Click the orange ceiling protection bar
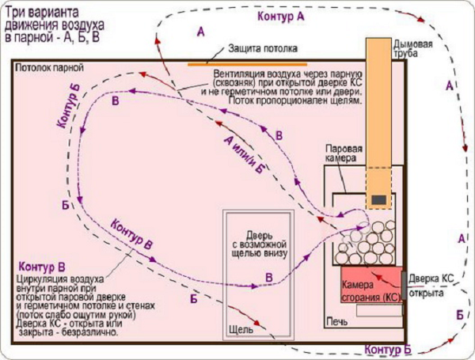coord(247,64)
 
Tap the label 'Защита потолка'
coord(263,48)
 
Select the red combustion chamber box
coord(372,284)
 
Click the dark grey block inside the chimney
coord(378,199)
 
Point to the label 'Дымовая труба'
coord(412,48)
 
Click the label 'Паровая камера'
coord(344,153)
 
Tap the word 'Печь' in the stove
coord(337,321)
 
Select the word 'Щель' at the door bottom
coord(241,329)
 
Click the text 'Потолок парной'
coord(49,67)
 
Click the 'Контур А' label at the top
coord(280,16)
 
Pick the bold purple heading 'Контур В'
coord(42,267)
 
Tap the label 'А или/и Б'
coord(244,155)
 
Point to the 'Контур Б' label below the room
coord(388,349)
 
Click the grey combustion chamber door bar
coord(404,286)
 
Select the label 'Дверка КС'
coord(431,279)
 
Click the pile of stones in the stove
coord(365,243)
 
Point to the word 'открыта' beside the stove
coord(426,293)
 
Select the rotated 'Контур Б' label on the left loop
coord(69,106)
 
